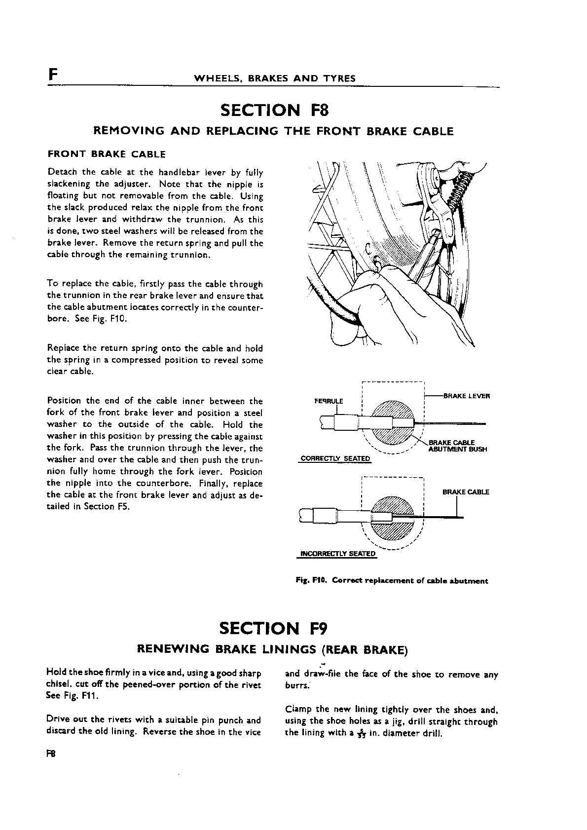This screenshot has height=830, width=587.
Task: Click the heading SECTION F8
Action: coord(274,110)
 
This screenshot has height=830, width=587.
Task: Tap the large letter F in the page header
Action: coord(53,75)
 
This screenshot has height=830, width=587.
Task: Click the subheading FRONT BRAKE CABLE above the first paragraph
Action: coord(107,154)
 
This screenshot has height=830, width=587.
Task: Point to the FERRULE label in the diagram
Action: coord(329,401)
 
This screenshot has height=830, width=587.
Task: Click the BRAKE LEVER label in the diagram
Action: coord(467,396)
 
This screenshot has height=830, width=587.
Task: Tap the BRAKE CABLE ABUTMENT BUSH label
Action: coord(457,446)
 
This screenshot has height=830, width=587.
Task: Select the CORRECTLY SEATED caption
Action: coord(335,458)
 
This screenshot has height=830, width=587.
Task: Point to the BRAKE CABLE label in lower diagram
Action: coord(466,492)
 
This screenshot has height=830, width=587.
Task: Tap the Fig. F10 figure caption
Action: coord(392,581)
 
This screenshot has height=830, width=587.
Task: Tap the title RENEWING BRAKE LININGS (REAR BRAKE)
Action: coord(272,649)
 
